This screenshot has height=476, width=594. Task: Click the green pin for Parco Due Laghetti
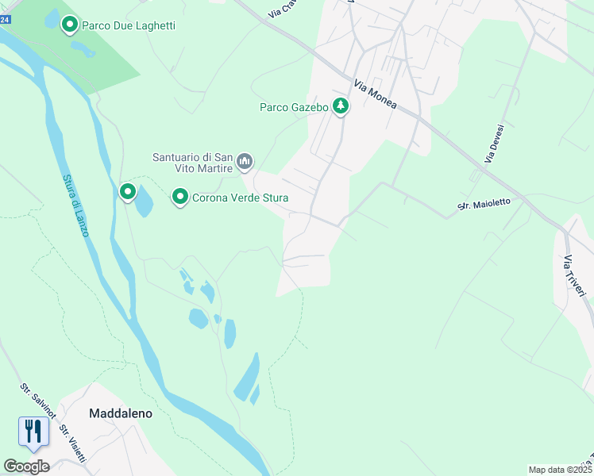point(69,25)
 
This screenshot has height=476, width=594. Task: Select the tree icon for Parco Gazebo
point(341,106)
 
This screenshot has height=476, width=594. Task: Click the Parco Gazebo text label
point(294,108)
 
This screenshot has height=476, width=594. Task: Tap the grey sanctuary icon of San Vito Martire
point(245,162)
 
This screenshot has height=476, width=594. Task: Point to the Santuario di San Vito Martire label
point(193,163)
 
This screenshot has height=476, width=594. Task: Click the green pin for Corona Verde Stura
point(180,196)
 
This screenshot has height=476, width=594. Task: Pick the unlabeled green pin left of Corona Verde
point(127,191)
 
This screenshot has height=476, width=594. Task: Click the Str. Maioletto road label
point(484,205)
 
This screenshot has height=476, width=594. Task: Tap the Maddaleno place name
point(120,413)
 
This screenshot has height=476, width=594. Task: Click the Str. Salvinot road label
point(37,403)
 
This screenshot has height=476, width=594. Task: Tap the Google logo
point(26,466)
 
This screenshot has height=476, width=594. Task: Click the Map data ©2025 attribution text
point(559,470)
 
